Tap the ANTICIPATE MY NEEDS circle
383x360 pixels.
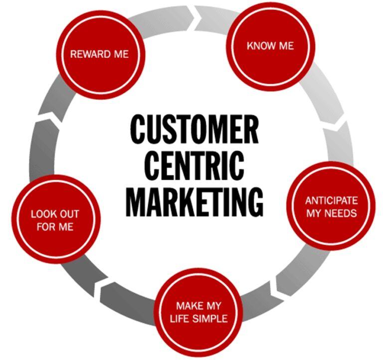click(331, 206)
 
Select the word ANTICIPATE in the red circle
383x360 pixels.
click(331, 201)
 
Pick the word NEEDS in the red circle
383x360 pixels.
click(344, 213)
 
